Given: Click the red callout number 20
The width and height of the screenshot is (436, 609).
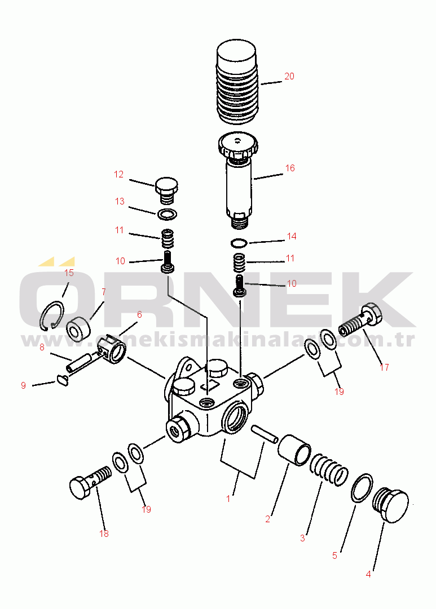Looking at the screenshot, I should tap(289, 76).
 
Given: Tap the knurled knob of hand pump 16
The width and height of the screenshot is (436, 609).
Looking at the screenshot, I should tap(237, 146).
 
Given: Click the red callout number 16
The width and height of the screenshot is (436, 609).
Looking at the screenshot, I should tap(290, 168).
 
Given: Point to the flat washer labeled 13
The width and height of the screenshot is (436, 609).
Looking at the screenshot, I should tap(166, 214).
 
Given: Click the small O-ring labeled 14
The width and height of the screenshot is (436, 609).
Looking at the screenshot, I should tap(239, 243).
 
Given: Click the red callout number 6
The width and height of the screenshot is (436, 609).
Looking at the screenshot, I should tap(139, 314).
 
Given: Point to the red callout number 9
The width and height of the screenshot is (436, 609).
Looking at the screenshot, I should tap(23, 385).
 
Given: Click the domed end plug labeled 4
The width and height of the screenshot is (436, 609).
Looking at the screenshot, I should tap(390, 503).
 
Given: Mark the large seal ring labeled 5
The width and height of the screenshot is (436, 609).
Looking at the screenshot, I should tap(361, 487).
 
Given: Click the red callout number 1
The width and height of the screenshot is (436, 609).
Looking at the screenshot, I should tap(228, 498).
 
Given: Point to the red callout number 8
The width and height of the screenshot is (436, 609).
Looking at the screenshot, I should tap(42, 348).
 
